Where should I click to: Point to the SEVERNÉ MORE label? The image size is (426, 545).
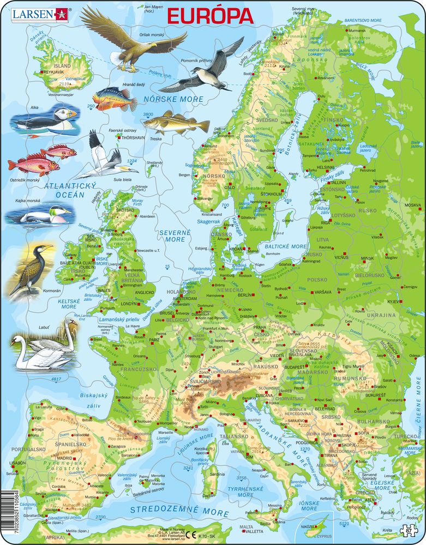click(172, 235)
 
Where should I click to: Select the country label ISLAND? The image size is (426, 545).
click(62, 65)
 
